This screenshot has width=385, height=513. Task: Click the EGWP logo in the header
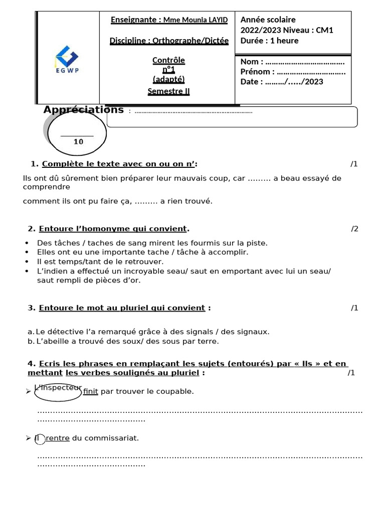click(67, 60)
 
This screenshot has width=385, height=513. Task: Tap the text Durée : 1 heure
click(269, 41)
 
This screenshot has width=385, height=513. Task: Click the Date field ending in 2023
click(282, 82)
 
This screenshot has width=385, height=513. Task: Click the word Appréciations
click(83, 110)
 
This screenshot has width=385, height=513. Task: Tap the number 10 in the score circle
click(78, 142)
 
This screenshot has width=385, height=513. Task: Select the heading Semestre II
click(168, 91)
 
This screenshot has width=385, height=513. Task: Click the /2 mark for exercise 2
click(354, 229)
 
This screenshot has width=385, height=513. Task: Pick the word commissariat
click(113, 438)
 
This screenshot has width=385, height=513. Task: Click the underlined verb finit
click(91, 391)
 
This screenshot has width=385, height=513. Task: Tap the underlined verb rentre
click(58, 438)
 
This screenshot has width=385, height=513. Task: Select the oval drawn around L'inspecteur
click(58, 392)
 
